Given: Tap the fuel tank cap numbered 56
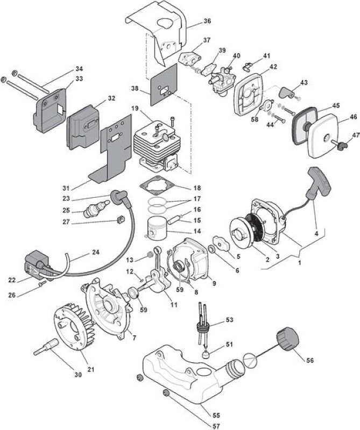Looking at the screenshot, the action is pos(286,339).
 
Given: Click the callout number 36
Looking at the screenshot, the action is pos(207,21).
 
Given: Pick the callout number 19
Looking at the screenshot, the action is pos(135,109).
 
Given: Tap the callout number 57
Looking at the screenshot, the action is pos(216,426).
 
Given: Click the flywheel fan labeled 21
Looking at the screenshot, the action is pos(74,326).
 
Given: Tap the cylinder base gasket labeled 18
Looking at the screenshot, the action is pos(156,185).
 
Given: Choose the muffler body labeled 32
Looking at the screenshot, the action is pos(83,127).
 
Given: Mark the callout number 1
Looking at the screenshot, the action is pos(300,263).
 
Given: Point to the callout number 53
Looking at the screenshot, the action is pos(230,319).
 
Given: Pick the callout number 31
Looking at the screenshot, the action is pos(66,188).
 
